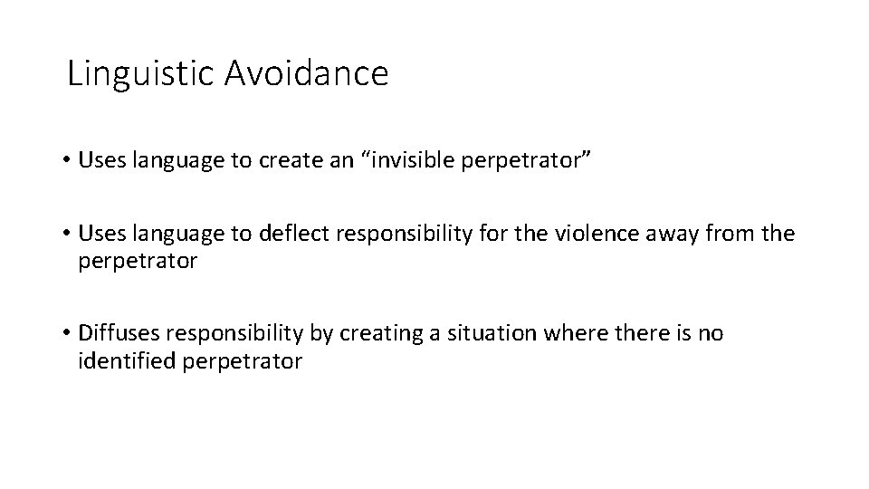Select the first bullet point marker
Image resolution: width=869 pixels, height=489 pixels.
coord(68,161)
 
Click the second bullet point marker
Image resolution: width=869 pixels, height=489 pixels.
coord(68,235)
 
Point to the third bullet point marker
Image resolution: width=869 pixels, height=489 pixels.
coord(68,334)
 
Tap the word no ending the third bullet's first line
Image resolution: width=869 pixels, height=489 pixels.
coord(711,334)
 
